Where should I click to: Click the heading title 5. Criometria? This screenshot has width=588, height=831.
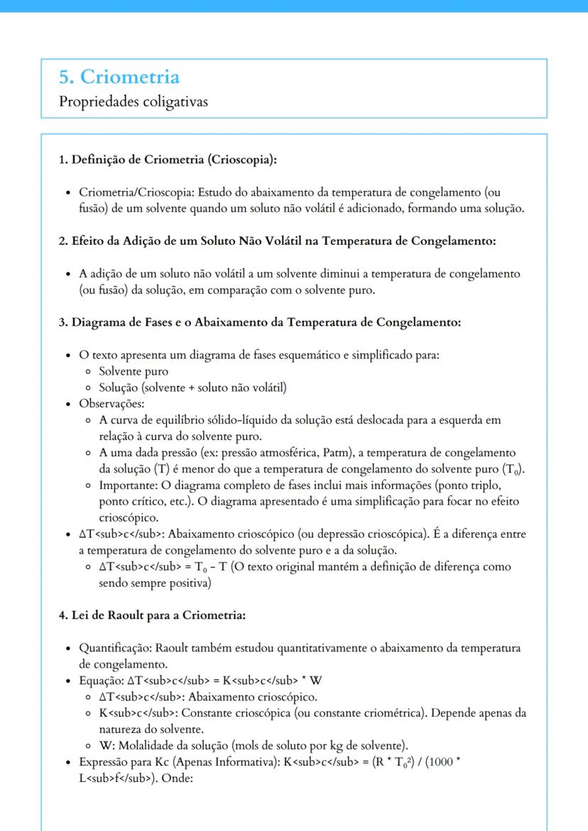[119, 77]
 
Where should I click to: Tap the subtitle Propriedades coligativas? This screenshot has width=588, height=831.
[133, 101]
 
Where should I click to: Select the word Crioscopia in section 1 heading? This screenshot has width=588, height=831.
[241, 159]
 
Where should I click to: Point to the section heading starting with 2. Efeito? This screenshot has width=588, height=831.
[276, 241]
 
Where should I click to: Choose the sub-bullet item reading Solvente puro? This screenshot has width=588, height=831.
[133, 371]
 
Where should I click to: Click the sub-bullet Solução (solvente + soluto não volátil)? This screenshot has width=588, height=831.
[192, 387]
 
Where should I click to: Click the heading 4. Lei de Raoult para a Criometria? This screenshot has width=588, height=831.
[152, 615]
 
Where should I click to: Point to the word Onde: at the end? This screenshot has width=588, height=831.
[170, 778]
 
